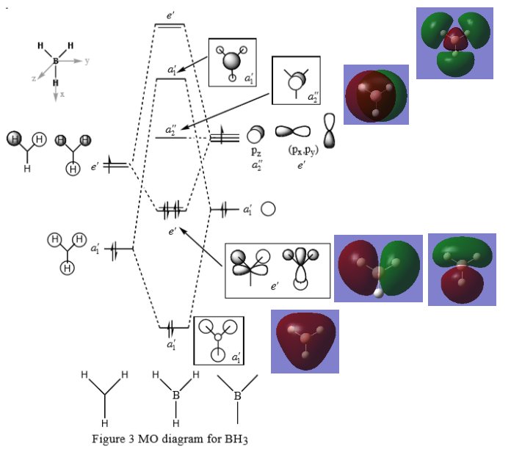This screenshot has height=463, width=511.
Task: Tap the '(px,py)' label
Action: pos(297,152)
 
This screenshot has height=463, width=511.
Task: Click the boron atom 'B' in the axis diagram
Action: pos(56,61)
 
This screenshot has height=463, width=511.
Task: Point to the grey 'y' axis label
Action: pos(87,61)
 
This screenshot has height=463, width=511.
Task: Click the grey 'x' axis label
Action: pos(62,95)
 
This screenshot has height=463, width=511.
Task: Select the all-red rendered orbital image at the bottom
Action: pos(305,341)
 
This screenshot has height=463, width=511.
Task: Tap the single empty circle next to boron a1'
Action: pos(268,209)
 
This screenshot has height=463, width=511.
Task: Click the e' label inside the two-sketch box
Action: pos(274,285)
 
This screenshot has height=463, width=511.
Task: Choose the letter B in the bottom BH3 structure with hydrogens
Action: pos(175,396)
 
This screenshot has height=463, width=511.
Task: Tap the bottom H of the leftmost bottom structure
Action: pos(104,423)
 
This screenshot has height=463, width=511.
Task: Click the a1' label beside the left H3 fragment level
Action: pos(95,249)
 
